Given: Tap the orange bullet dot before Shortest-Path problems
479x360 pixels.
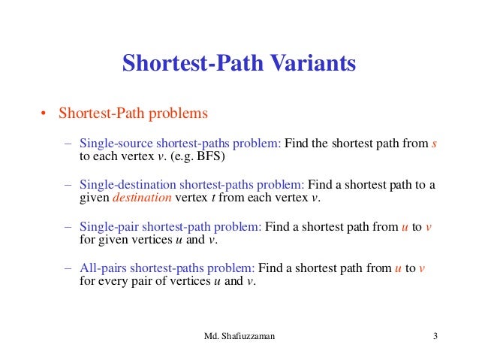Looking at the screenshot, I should point(44,114).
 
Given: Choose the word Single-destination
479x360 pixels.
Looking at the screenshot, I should point(125,185).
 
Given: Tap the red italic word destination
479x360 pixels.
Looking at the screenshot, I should point(142,198).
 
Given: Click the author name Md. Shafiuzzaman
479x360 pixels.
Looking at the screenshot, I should point(239,336).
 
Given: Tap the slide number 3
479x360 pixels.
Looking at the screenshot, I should point(435,336).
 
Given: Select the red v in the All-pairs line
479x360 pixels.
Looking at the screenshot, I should point(423,268).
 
